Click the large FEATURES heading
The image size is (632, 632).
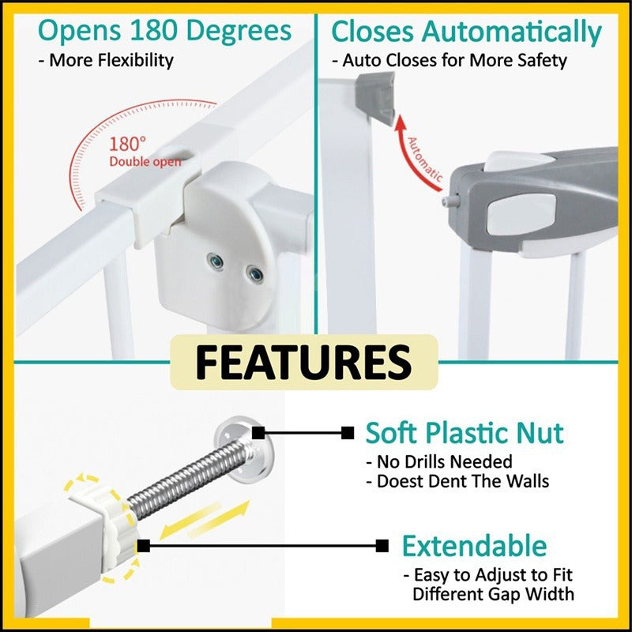[x=303, y=362]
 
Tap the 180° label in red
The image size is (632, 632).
[x=128, y=144]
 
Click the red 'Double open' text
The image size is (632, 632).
[x=145, y=162]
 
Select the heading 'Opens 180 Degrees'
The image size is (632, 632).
[x=164, y=31]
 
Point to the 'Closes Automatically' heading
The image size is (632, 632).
[x=466, y=32]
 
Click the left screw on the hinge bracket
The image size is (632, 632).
[x=216, y=262]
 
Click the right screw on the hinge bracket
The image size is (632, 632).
[x=254, y=274]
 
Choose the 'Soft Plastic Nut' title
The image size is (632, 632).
[x=465, y=433]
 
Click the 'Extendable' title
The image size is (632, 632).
[x=475, y=546]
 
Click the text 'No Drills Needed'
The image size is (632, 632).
[x=439, y=462]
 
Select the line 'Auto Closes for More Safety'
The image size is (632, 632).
[x=450, y=61]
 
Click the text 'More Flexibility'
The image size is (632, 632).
[x=106, y=61]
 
